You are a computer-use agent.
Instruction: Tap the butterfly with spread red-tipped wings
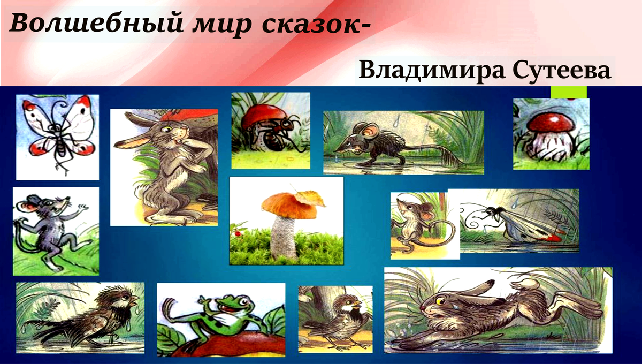tap(57, 132)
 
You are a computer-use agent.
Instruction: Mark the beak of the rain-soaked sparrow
tap(135, 298)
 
